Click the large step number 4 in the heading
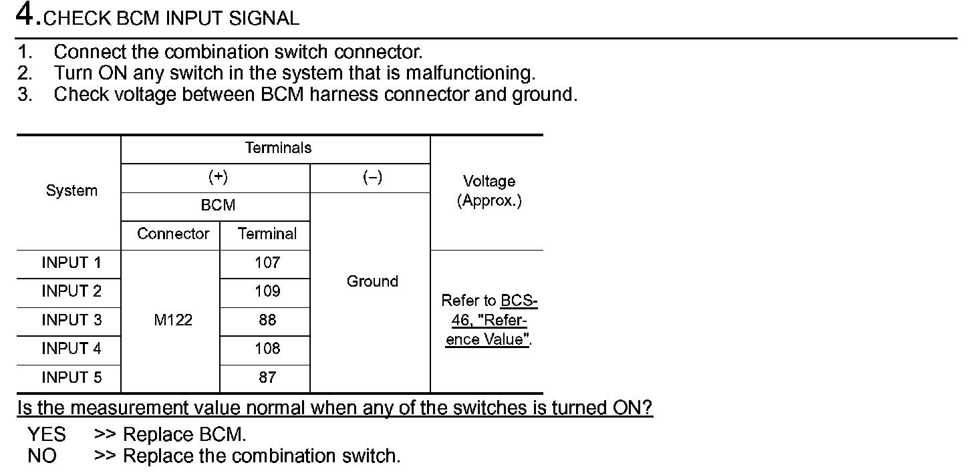click(x=25, y=15)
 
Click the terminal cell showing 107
click(x=267, y=263)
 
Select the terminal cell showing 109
click(x=267, y=291)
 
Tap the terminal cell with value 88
click(x=267, y=320)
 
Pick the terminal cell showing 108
click(x=267, y=349)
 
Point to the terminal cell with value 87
click(x=267, y=377)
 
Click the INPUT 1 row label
click(x=72, y=263)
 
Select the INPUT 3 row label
click(x=72, y=320)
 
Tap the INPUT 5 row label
click(x=72, y=377)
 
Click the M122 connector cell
click(x=172, y=320)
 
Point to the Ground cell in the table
click(x=372, y=281)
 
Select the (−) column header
click(x=372, y=177)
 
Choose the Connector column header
click(x=173, y=234)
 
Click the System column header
click(x=72, y=190)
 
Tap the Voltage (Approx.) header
click(x=489, y=191)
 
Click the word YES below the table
click(x=47, y=435)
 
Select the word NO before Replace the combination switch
click(x=42, y=456)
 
